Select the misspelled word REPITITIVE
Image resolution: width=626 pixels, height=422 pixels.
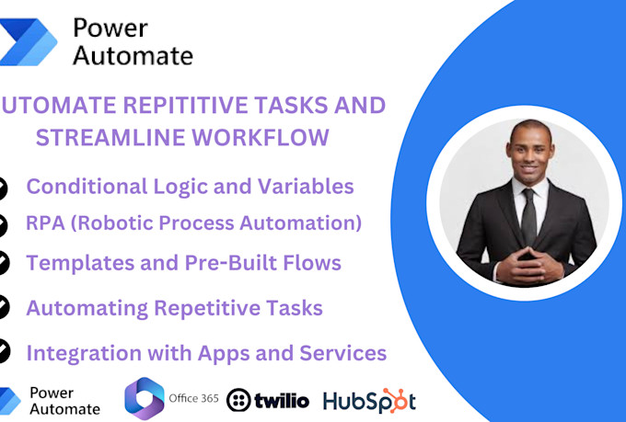pos(157,105)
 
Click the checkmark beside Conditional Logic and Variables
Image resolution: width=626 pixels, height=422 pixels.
pos(3,187)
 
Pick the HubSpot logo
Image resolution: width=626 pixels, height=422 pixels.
pos(369,401)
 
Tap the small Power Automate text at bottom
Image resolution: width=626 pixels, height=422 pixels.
pos(64,400)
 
